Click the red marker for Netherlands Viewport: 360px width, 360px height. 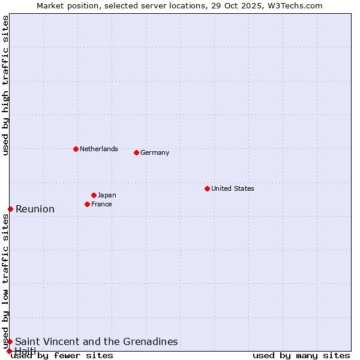(76, 149)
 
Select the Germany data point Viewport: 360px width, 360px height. (136, 152)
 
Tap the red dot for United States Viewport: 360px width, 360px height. (207, 188)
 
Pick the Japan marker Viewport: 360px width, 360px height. (94, 195)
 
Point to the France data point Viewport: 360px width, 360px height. (88, 204)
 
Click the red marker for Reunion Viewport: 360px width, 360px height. (10, 209)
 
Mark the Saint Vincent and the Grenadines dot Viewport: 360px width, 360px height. (10, 341)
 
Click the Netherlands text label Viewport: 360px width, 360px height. (99, 149)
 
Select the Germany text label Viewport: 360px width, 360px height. (155, 152)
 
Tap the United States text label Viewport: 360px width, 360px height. (233, 188)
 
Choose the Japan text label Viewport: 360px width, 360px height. (107, 195)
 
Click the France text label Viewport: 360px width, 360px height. (101, 204)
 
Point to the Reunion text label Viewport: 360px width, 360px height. (35, 209)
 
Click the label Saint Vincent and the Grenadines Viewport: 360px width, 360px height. (97, 341)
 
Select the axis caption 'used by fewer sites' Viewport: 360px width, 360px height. (62, 355)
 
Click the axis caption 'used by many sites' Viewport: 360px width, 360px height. (301, 355)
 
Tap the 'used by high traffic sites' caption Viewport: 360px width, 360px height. (5, 85)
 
